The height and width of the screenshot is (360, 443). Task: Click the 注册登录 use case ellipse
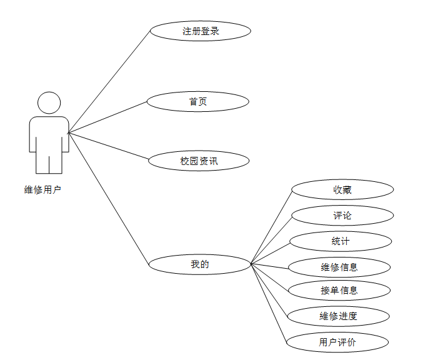point(200,31)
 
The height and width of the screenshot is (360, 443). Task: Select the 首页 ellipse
point(198,101)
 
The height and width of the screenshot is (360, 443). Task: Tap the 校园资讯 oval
point(199,161)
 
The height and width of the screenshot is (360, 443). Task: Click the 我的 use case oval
point(200,264)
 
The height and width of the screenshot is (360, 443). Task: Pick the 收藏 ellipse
point(342,189)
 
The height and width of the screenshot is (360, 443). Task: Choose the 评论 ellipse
point(342,216)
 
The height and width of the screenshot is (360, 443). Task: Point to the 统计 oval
point(341,241)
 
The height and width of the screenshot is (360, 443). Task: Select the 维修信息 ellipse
point(339,267)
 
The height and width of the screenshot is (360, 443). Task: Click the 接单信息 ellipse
point(339,291)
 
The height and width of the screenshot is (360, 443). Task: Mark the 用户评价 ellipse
point(338,342)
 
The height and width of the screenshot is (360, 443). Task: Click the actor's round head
point(49,103)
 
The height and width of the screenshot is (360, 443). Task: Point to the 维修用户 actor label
point(42,190)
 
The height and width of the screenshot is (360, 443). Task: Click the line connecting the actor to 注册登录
point(109,81)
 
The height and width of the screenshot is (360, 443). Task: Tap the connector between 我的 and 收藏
point(271,227)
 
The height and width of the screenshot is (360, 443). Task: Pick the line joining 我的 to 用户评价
point(269,303)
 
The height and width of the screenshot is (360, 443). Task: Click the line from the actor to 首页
point(107,117)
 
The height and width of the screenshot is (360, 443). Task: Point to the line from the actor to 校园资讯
point(108,146)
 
